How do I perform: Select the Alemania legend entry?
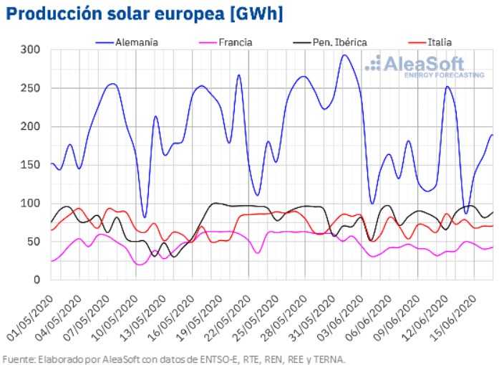click(x=136, y=42)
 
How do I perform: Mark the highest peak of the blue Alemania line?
click(x=344, y=55)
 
